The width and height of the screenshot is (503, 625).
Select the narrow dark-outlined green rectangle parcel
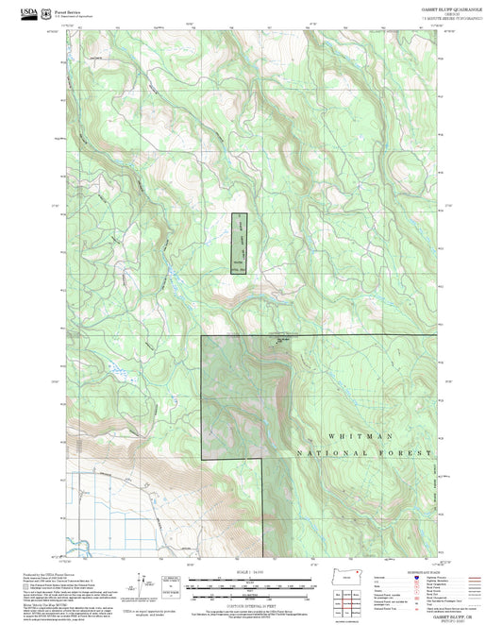240,244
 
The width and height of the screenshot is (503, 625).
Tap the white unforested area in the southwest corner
104,515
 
